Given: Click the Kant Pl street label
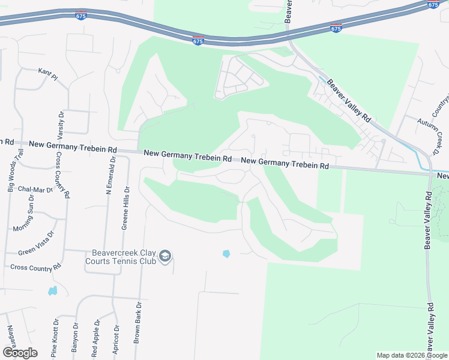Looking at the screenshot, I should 47,74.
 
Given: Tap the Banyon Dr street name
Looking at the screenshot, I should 76,339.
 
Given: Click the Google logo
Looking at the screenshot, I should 20,353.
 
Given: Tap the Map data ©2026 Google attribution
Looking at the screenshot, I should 412,355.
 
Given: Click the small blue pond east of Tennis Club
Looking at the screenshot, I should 226,254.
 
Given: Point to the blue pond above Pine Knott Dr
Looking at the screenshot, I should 53,291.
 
